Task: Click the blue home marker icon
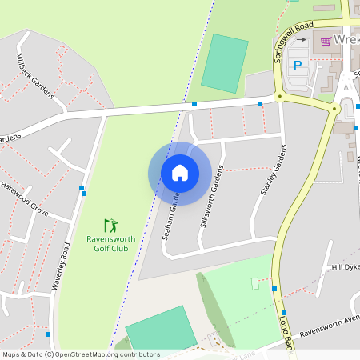[180, 173]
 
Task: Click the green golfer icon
[110, 225]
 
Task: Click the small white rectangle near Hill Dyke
[256, 283]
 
